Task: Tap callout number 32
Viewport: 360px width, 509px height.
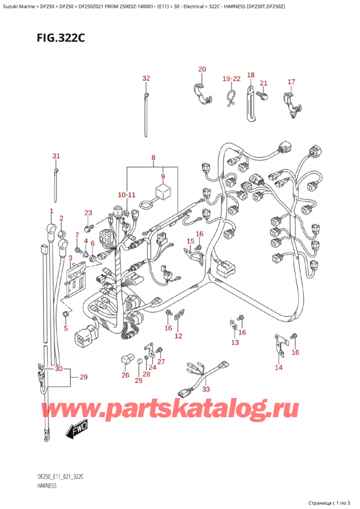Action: [146, 79]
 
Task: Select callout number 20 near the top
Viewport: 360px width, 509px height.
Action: [202, 70]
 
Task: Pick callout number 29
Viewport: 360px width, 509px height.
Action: [83, 377]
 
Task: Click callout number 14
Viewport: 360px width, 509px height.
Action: [278, 367]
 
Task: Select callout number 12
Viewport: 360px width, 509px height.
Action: [178, 336]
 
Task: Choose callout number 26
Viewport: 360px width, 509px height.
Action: [125, 376]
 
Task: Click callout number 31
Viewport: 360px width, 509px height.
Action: [56, 157]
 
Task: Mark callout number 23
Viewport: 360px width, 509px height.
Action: [88, 213]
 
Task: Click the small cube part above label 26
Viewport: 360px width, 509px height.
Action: [126, 360]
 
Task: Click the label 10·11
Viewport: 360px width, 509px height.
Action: [127, 195]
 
